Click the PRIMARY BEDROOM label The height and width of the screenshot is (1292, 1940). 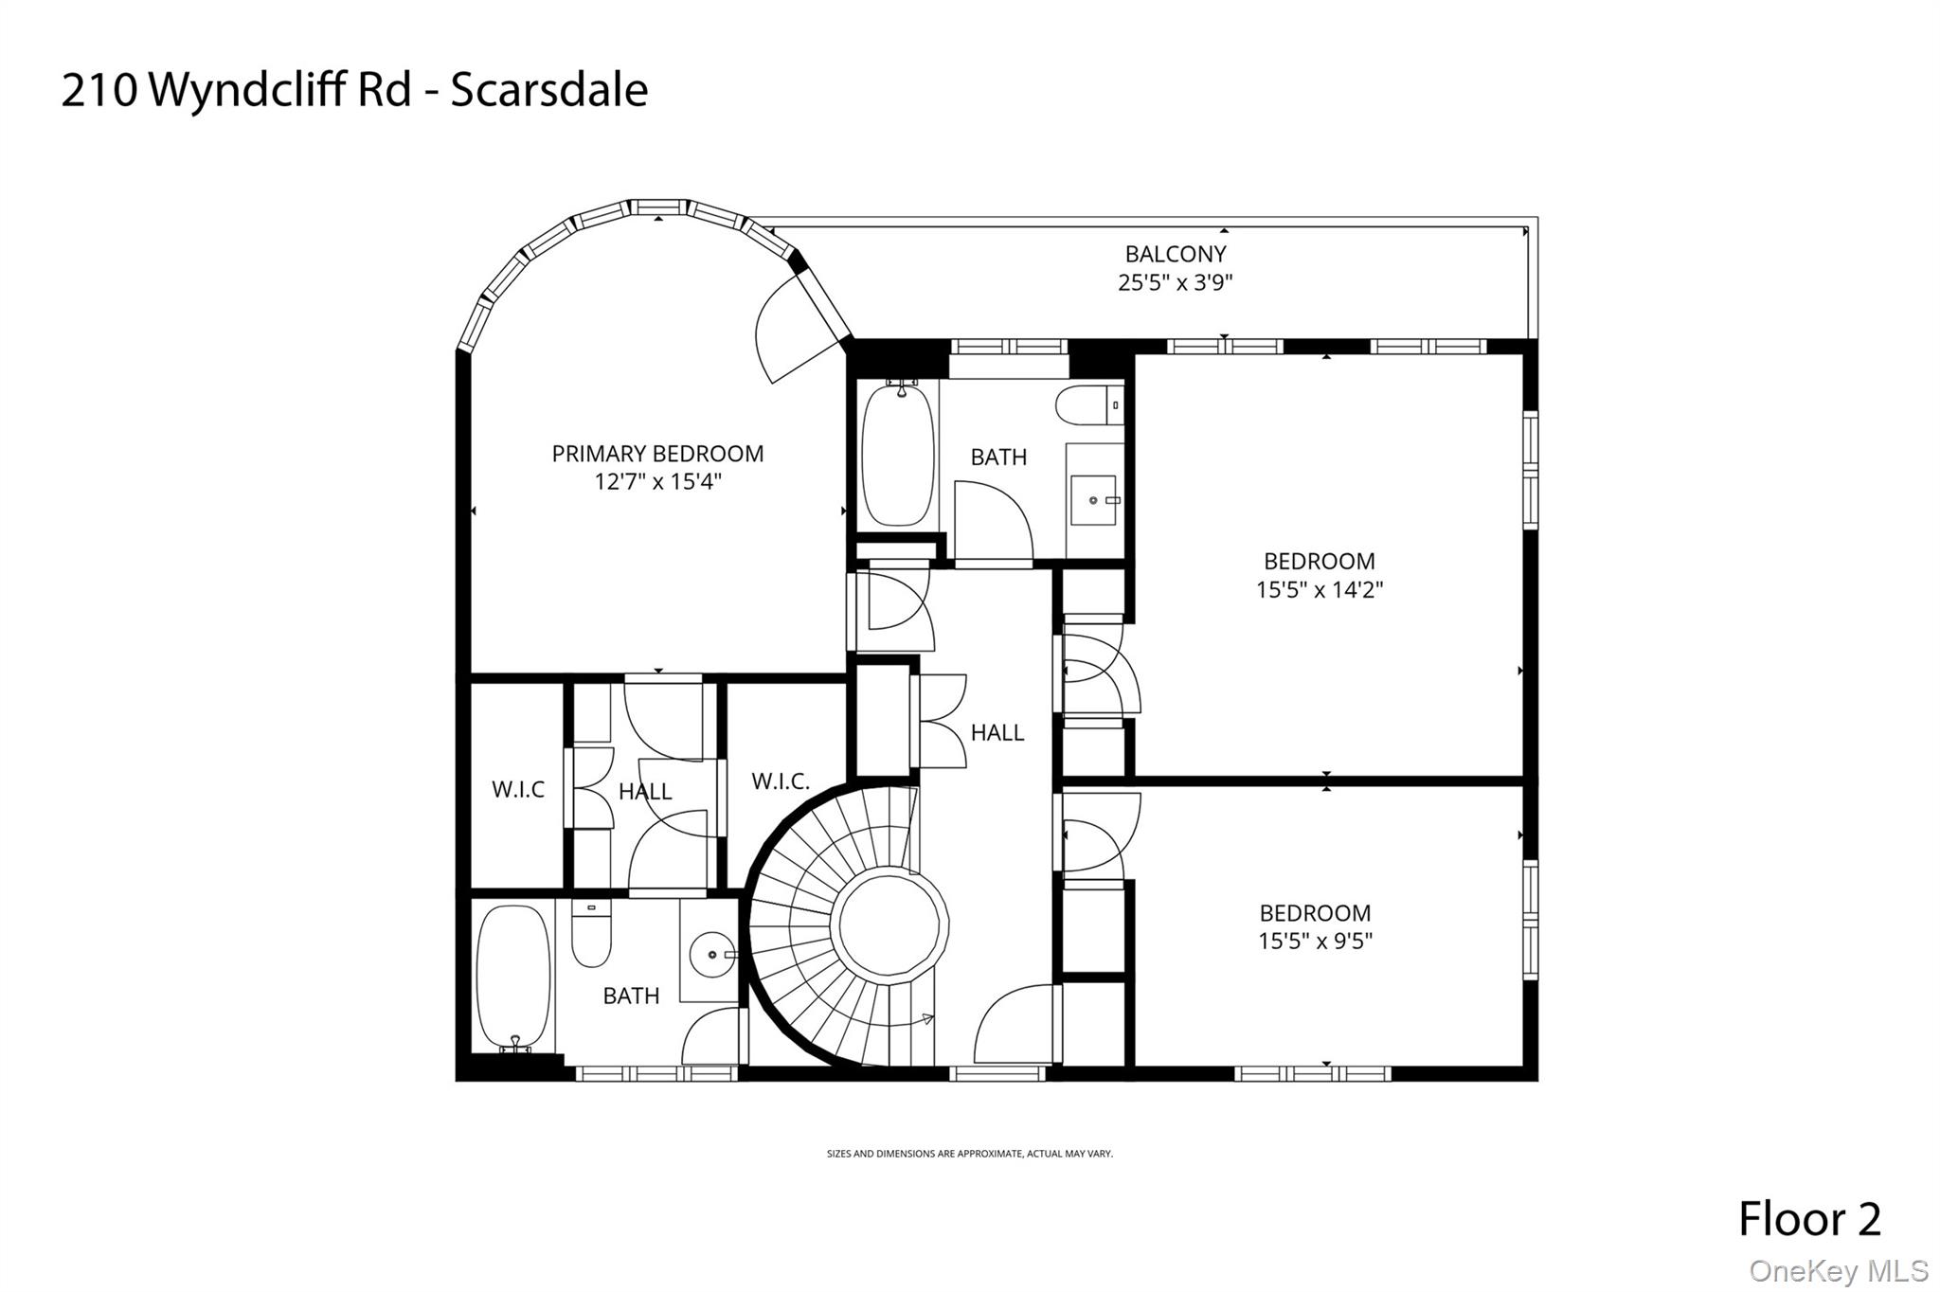tap(657, 454)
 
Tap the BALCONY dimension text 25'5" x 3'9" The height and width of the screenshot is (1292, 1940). tap(1175, 282)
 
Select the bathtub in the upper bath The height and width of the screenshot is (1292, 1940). tap(897, 453)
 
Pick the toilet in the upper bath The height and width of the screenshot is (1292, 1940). tap(1088, 405)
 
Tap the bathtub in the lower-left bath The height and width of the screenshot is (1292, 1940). tap(512, 976)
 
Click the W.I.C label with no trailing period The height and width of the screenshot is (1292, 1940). tap(518, 789)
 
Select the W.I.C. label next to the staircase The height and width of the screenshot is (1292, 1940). tap(781, 781)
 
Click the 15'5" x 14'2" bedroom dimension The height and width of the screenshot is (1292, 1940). tap(1320, 590)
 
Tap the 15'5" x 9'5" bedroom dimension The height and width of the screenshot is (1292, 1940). tap(1315, 941)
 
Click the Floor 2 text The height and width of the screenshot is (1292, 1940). tap(1809, 1219)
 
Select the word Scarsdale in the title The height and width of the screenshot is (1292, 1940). tap(548, 91)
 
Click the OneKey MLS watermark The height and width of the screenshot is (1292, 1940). tap(1838, 1270)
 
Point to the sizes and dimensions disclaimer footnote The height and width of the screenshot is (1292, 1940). tap(969, 1154)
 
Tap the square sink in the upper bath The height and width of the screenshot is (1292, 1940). tap(1095, 499)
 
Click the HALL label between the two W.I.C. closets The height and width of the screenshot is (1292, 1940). tap(645, 792)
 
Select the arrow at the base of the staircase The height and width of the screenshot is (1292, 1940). tap(926, 1019)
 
